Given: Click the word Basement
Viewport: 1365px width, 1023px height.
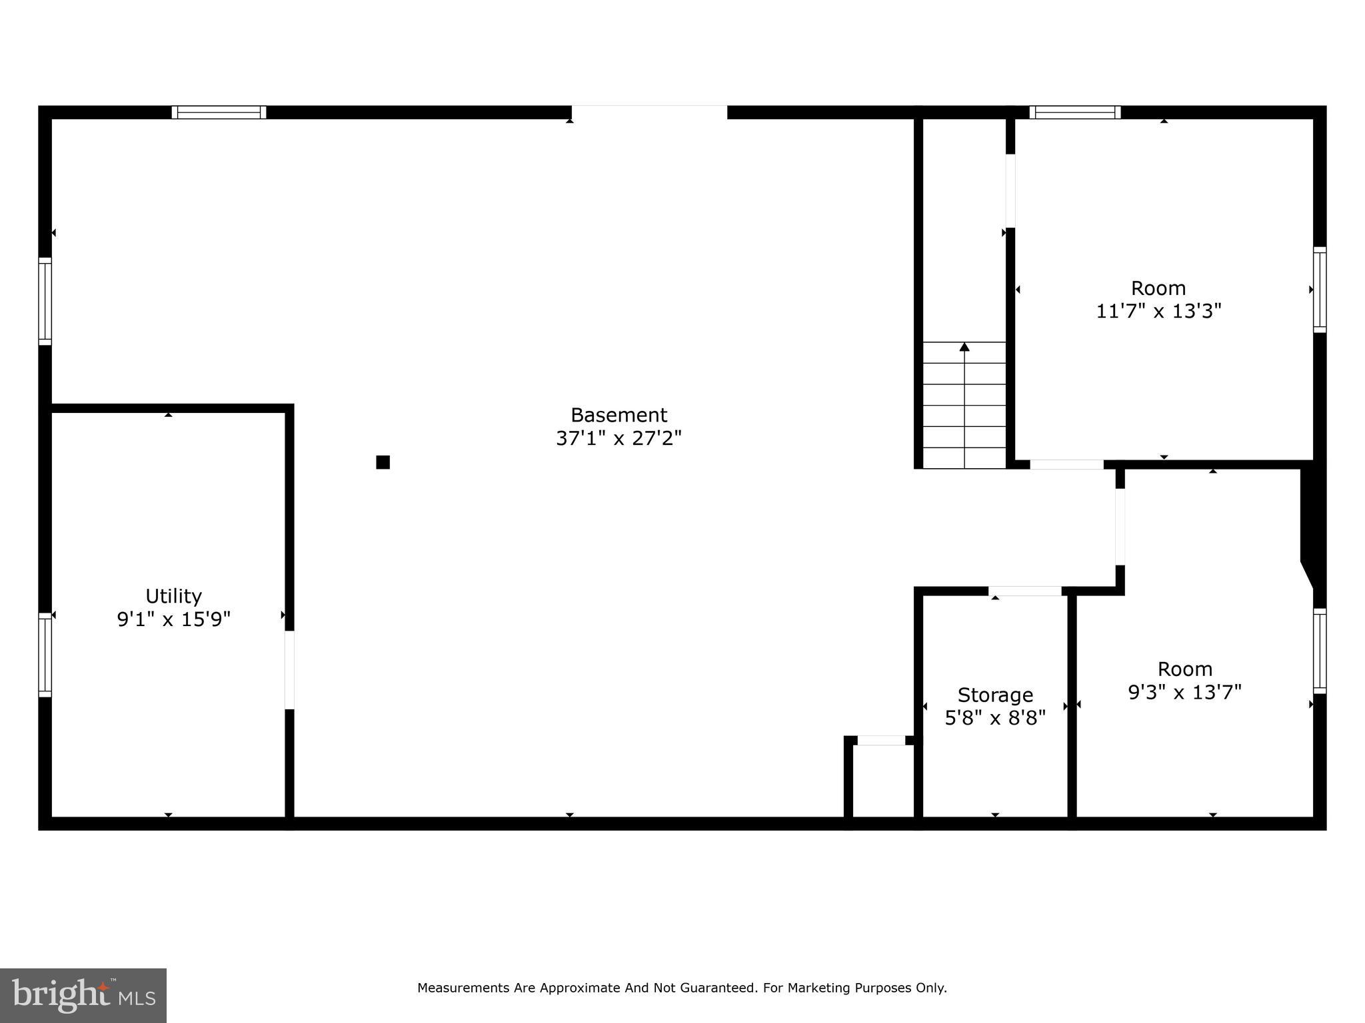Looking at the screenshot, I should point(619,415).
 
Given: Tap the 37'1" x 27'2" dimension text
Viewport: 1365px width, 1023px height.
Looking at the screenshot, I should point(619,438).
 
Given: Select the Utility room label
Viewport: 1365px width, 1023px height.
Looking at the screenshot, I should point(173,595).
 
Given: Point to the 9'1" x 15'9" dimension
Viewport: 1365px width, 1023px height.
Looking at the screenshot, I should point(173,619).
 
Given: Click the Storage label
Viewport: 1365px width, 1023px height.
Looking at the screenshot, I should point(995,695).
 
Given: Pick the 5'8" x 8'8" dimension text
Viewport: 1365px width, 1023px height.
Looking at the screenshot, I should point(995,718).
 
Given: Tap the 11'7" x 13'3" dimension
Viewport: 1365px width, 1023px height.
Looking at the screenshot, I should point(1158,311).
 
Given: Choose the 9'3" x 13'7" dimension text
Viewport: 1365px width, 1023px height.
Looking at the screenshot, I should point(1184,693).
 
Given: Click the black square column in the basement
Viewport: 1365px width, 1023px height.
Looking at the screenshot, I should point(383,462).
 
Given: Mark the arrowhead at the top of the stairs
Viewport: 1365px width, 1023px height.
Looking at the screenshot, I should point(964,346).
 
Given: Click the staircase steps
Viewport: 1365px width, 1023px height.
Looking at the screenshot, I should point(964,406).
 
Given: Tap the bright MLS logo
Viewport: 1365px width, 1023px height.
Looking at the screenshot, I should point(83,995).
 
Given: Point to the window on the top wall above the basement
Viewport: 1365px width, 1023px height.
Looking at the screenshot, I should point(219,112).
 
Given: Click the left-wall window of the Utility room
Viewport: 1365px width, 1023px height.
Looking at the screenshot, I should point(45,655).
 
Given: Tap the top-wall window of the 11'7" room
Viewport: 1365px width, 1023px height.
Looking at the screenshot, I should point(1074,112).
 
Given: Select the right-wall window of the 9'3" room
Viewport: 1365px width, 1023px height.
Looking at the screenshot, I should point(1320,651).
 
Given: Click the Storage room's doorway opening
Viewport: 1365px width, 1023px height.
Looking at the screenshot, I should point(1024,591).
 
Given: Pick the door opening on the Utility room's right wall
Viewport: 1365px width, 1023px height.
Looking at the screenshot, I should point(289,669).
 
